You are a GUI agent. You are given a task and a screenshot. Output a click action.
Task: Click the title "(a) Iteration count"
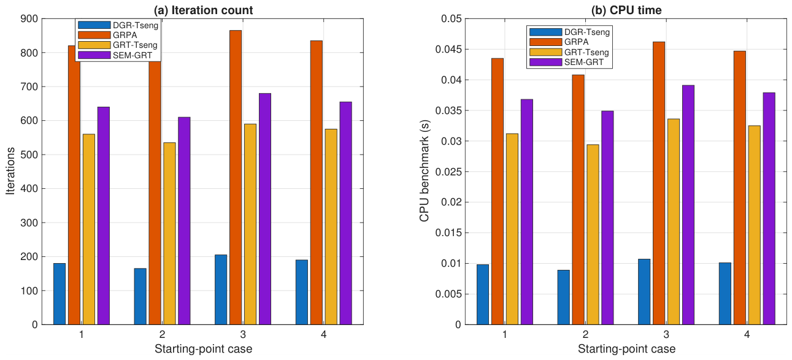203,10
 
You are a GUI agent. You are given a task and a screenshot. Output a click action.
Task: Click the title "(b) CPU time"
626,10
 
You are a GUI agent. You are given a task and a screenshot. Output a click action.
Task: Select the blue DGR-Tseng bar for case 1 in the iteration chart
60,294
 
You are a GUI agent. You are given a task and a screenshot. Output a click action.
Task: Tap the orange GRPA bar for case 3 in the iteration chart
236,177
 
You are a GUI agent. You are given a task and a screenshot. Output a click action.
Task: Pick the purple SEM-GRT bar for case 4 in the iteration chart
346,213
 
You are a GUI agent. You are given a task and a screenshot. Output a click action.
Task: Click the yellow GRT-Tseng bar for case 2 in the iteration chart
169,234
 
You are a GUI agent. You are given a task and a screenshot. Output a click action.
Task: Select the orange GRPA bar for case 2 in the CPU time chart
578,200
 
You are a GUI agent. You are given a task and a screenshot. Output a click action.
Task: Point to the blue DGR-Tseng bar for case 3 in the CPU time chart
644,292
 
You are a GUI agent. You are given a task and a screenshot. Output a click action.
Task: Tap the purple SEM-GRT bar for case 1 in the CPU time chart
527,212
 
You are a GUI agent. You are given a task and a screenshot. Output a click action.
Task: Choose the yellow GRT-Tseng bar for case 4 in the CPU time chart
754,225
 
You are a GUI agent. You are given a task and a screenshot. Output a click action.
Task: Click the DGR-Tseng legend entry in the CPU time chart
569,32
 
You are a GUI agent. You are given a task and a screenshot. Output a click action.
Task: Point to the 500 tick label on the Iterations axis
29,155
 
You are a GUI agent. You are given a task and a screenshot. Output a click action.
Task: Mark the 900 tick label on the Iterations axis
29,18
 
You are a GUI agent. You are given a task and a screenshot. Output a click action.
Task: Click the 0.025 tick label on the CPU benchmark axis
448,172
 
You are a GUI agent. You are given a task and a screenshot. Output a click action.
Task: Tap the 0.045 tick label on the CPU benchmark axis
448,49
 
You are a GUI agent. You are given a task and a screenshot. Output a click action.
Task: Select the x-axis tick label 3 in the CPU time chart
666,334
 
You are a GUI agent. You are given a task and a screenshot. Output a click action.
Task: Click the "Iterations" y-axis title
10,171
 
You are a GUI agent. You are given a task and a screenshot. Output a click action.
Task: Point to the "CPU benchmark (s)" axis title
424,171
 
